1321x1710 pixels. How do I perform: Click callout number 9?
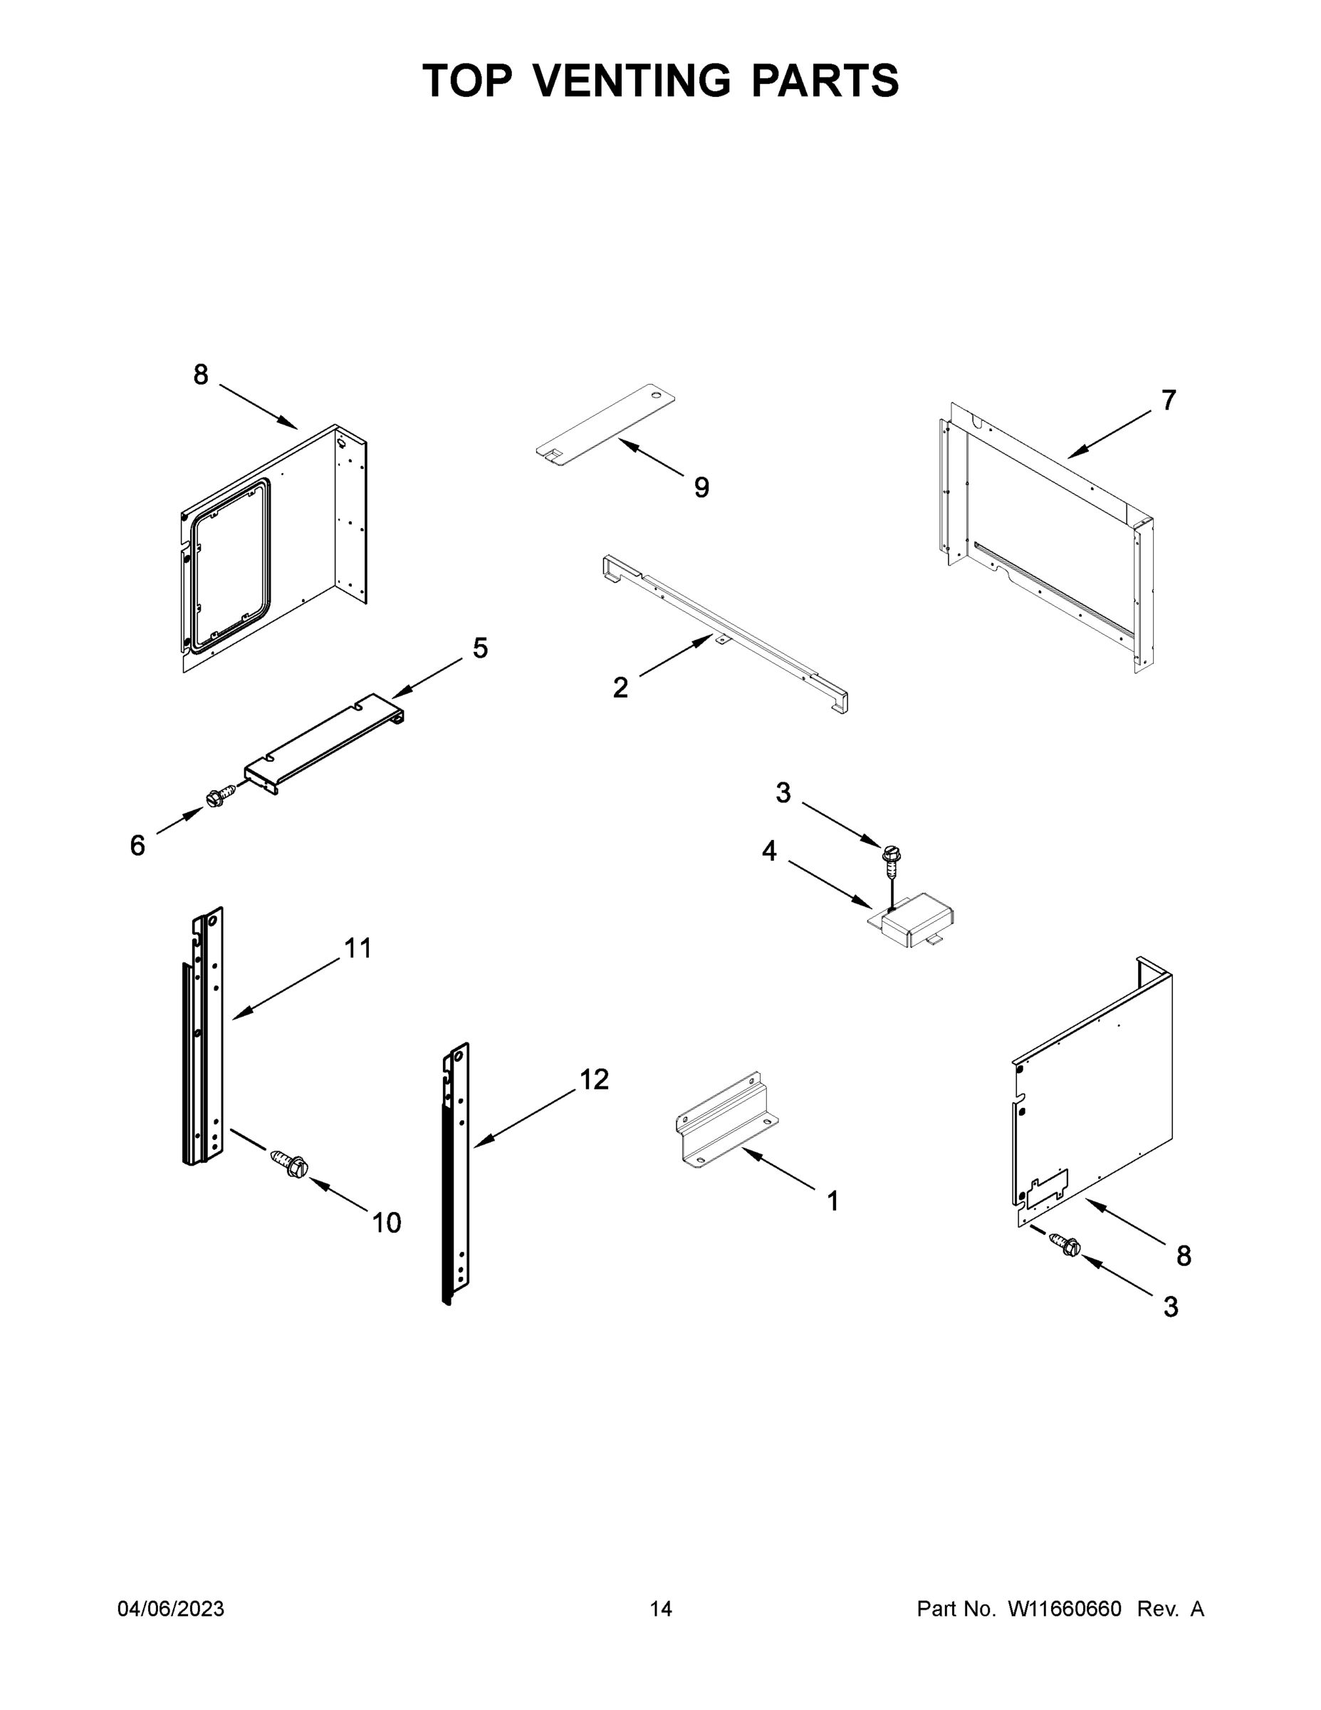[x=701, y=488]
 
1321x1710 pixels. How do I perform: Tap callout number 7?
[x=1168, y=400]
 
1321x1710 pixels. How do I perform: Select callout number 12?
[x=594, y=1079]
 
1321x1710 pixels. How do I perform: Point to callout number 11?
[x=358, y=948]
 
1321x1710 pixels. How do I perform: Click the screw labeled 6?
[x=220, y=798]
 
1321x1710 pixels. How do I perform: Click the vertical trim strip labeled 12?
[x=457, y=1174]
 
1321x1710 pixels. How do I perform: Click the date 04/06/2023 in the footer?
[x=171, y=1609]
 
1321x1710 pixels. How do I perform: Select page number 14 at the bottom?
[x=661, y=1609]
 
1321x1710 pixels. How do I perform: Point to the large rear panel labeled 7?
[x=1049, y=540]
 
